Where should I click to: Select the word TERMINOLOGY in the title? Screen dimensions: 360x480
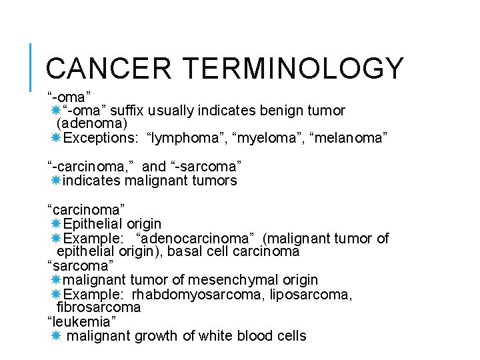(x=293, y=69)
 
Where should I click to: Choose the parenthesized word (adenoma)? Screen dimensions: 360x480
(x=92, y=123)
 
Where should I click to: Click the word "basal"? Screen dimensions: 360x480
(x=183, y=252)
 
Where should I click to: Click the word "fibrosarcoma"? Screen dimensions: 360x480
(x=99, y=307)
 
